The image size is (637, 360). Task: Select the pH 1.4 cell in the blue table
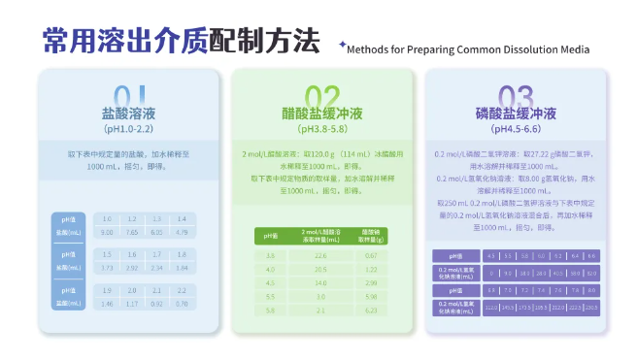[x=181, y=219]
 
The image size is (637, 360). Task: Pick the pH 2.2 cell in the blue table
[x=181, y=290]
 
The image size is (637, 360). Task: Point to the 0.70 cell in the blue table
[x=181, y=303]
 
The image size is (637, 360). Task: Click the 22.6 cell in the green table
[x=320, y=254]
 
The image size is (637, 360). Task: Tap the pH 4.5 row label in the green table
[x=271, y=281]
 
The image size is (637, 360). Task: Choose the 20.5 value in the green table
[x=320, y=268]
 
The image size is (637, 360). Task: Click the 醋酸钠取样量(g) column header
[x=371, y=236]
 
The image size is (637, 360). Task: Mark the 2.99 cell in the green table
[x=371, y=281]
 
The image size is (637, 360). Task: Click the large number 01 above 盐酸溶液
[x=129, y=95]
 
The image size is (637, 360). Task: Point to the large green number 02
[x=321, y=95]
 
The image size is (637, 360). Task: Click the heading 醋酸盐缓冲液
[x=321, y=113]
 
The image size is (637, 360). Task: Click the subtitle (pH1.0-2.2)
[x=129, y=129]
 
